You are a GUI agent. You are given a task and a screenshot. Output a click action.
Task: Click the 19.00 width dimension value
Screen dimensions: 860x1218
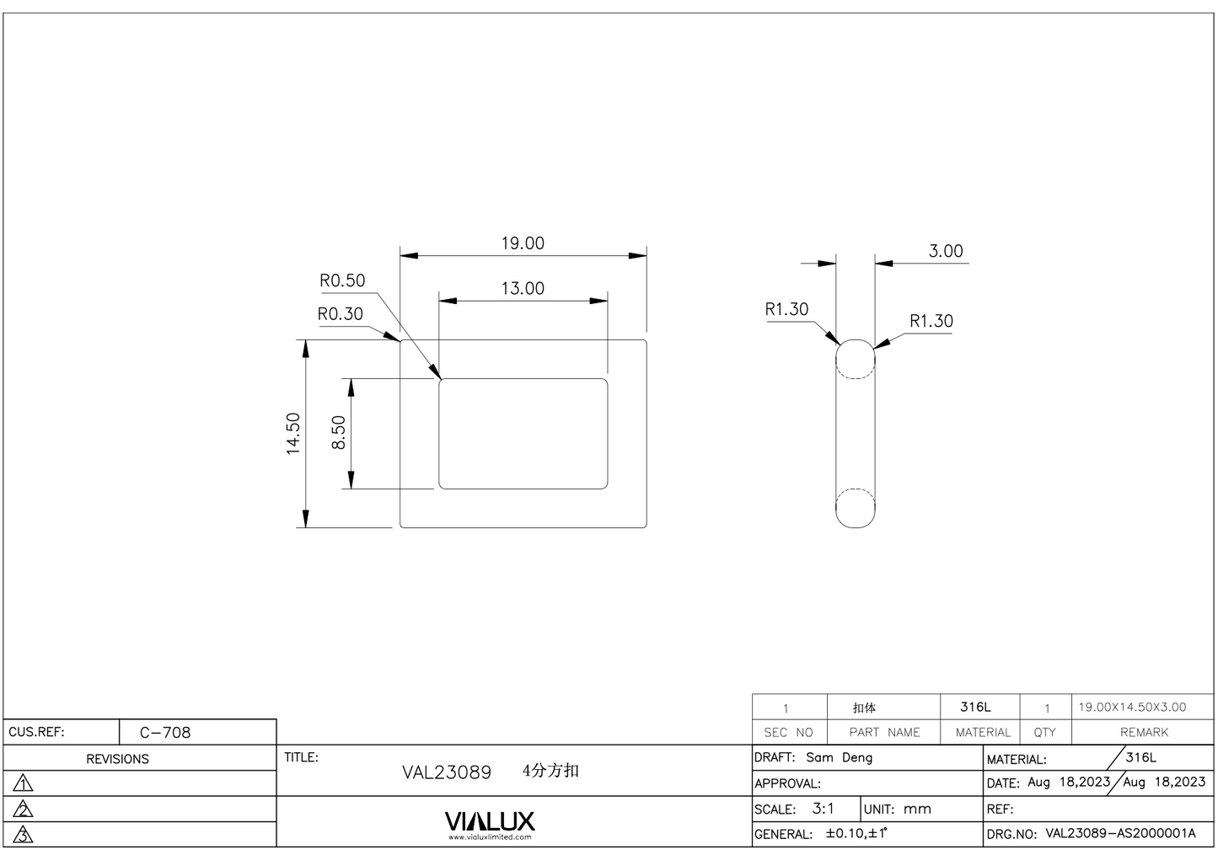523,243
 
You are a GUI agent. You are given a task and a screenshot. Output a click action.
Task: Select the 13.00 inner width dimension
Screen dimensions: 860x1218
523,289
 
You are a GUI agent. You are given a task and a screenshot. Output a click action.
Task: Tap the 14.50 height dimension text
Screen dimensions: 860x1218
293,434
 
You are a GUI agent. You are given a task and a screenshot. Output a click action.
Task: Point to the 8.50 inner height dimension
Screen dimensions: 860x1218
339,433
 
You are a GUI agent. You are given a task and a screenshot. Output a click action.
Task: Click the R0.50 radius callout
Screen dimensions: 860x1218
342,280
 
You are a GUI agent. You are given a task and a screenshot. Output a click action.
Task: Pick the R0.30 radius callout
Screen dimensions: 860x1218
340,314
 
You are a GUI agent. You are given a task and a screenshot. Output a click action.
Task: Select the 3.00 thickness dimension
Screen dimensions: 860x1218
945,251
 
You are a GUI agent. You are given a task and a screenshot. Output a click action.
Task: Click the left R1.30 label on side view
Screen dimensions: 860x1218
786,309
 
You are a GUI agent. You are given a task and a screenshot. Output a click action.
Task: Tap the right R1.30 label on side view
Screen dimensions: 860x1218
931,321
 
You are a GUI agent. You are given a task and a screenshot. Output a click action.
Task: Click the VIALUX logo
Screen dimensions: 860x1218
490,821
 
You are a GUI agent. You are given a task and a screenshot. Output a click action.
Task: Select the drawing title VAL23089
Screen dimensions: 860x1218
447,772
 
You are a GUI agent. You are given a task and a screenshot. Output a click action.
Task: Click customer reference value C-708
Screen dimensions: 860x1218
165,732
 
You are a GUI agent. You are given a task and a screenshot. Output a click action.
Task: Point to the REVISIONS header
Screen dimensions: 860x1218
117,759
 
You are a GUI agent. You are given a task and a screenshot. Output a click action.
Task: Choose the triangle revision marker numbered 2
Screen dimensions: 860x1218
24,809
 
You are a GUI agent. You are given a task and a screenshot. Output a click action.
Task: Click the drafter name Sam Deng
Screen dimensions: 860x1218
839,757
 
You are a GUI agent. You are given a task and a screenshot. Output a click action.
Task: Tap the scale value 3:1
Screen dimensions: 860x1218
823,809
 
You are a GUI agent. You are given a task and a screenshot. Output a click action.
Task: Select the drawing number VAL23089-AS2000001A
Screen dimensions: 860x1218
1120,834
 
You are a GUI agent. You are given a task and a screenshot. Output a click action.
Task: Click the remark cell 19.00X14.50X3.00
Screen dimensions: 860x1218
1132,708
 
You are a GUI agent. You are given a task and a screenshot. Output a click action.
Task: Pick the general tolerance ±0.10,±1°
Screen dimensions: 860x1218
856,834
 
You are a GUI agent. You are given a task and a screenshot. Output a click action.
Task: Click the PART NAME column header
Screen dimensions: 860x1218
884,733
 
